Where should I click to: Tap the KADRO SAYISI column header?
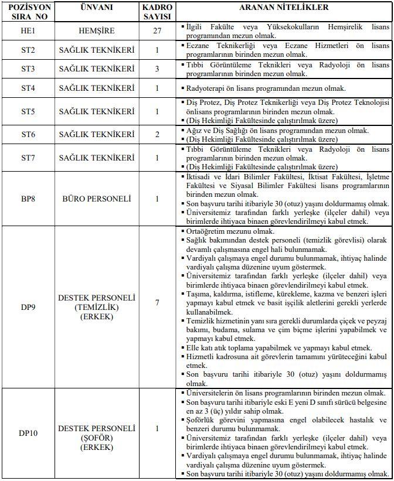[157, 12]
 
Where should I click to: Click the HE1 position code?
[28, 30]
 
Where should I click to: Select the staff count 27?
[157, 30]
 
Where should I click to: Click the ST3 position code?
[28, 69]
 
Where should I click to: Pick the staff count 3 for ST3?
[157, 69]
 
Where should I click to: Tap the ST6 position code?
[28, 135]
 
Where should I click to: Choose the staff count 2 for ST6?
[157, 135]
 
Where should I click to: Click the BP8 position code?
[28, 199]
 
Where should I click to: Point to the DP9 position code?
[28, 306]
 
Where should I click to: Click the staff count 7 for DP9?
[157, 302]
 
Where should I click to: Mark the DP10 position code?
[28, 434]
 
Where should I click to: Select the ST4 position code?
[28, 88]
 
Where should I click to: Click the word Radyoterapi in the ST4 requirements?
[205, 88]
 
